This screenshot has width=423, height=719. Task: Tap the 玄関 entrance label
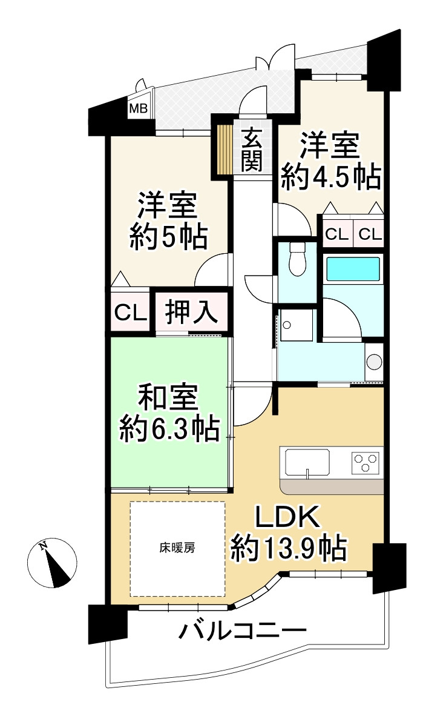point(251,148)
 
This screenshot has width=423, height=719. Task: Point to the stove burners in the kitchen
point(366,462)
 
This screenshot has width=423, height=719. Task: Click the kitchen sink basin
point(307,463)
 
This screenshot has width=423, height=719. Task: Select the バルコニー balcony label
point(242,633)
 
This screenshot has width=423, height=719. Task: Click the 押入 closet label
point(190,313)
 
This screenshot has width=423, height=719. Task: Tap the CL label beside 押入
point(130,314)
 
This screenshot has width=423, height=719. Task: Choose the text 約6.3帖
point(169,428)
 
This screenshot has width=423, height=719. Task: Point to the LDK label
point(286,519)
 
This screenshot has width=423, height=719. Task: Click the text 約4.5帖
point(331,176)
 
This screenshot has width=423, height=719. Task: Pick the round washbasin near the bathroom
point(375,362)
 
